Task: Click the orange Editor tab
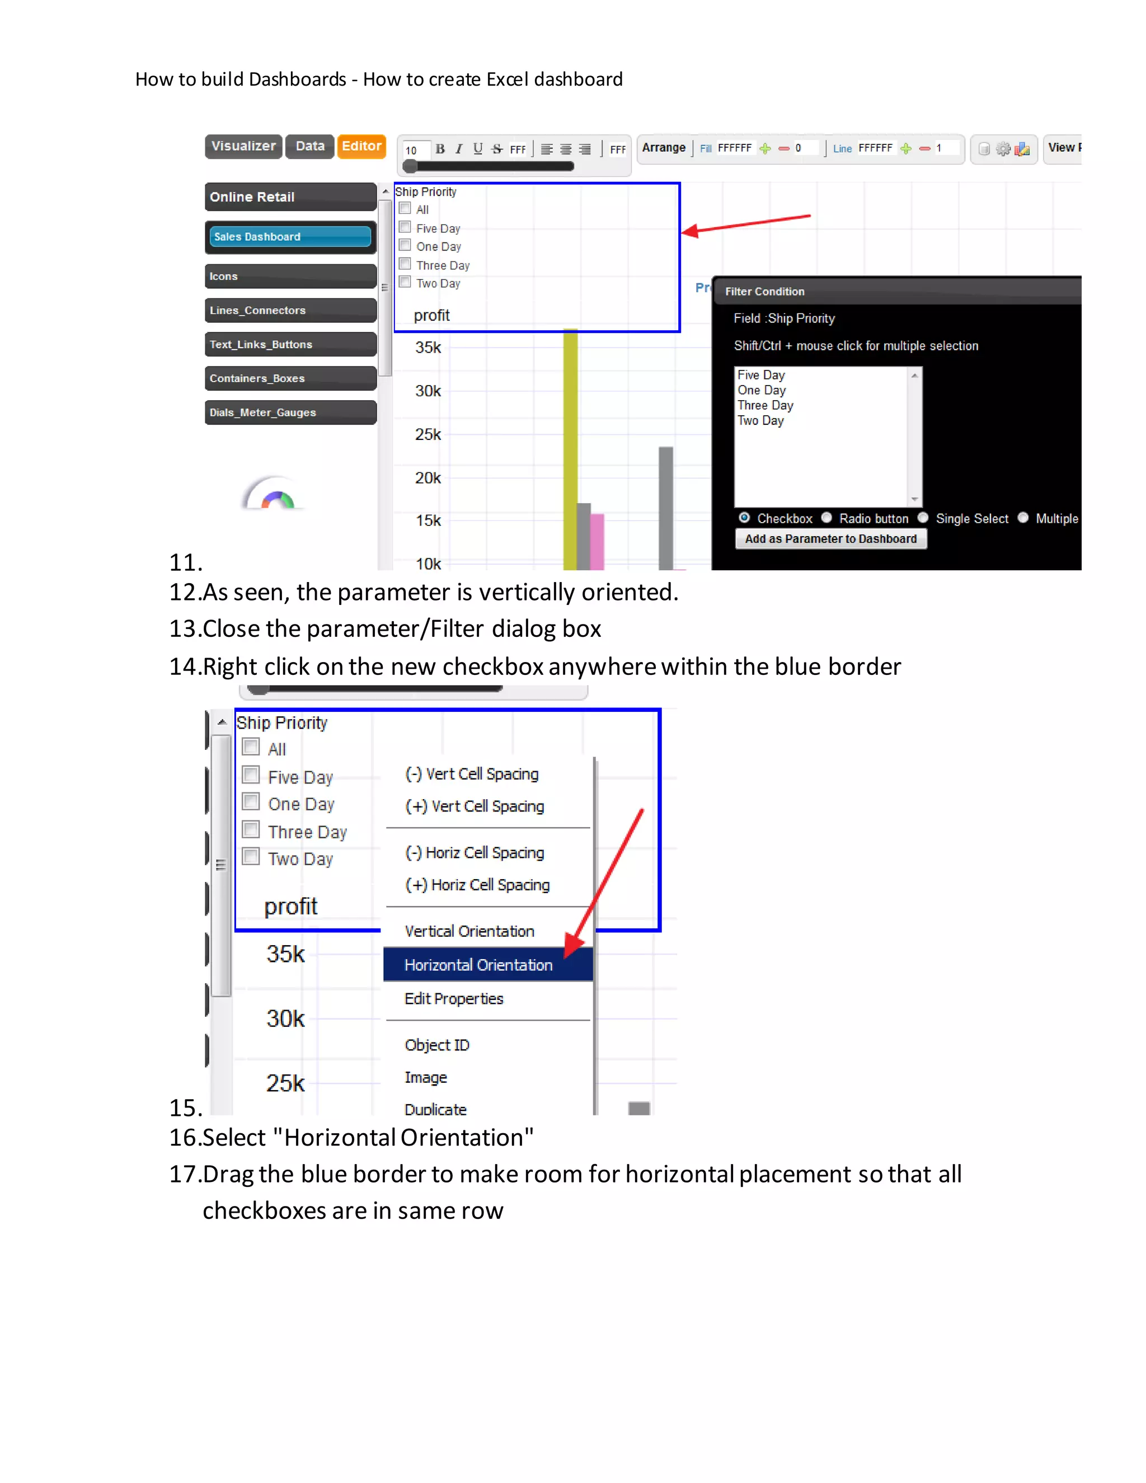click(x=361, y=146)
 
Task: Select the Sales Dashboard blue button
click(x=290, y=236)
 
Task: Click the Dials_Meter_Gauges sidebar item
click(x=290, y=412)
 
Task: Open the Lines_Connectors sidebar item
click(x=290, y=311)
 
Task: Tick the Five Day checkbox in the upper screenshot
click(x=405, y=227)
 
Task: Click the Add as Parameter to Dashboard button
click(x=830, y=538)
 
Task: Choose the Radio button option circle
click(x=826, y=518)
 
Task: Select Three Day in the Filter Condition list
click(x=765, y=405)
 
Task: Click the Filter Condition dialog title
click(x=764, y=292)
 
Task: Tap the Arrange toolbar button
click(x=663, y=147)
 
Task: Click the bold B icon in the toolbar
click(x=440, y=149)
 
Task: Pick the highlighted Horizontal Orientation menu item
click(x=478, y=965)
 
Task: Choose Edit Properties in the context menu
click(x=453, y=999)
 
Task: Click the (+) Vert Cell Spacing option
click(x=475, y=806)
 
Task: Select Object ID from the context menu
click(x=436, y=1045)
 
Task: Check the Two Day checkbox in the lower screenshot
click(x=251, y=856)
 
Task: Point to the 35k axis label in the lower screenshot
click(x=285, y=954)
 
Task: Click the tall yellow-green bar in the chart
click(x=570, y=448)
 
